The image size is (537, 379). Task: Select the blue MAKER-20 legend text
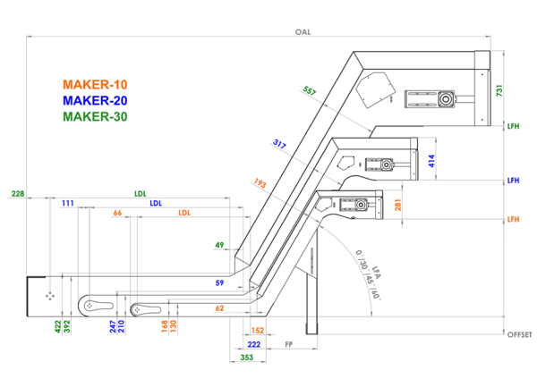(x=98, y=100)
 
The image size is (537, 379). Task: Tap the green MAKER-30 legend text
(x=98, y=116)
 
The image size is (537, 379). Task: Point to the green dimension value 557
(x=310, y=91)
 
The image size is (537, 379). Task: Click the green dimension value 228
(x=17, y=194)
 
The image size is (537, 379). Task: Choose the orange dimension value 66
(x=117, y=214)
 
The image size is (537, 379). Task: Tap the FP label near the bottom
(x=289, y=344)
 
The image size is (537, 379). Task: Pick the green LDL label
(x=141, y=193)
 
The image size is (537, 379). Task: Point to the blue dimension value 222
(x=253, y=344)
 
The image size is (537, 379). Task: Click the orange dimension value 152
(x=258, y=330)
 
